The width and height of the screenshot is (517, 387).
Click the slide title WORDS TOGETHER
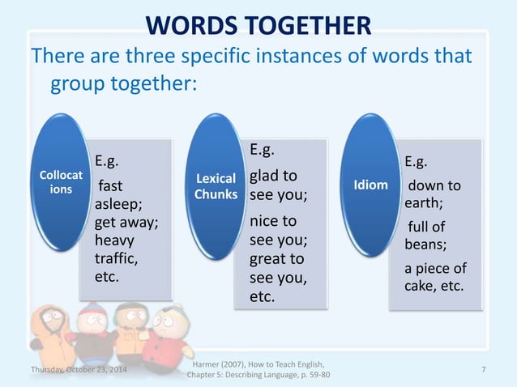pos(258,25)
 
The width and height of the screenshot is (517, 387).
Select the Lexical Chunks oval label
pos(216,186)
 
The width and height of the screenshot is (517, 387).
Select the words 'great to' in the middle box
pos(276,259)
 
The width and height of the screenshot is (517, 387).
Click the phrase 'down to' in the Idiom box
pos(434,186)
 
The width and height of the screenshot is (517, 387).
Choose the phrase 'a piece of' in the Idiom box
pos(436,268)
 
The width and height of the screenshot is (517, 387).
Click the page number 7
pos(483,369)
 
